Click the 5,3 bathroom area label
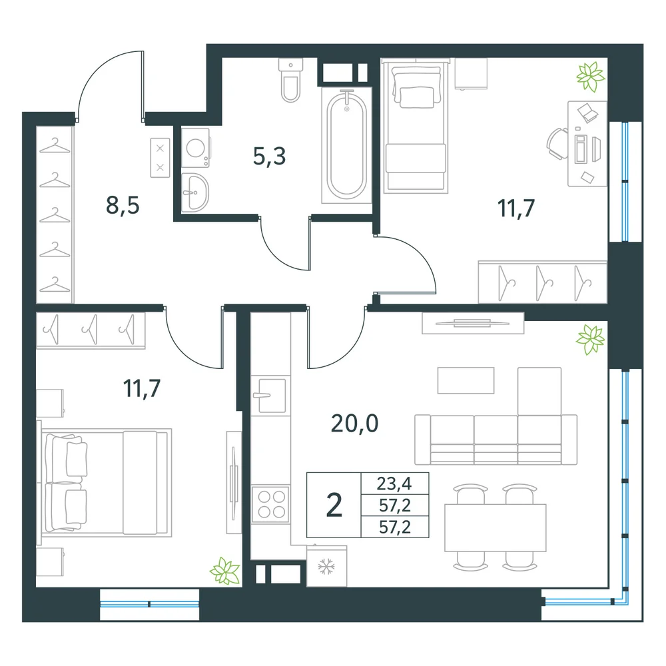click(x=269, y=157)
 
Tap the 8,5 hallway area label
click(x=123, y=205)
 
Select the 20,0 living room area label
click(x=355, y=424)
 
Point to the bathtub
click(x=346, y=146)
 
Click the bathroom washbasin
click(x=195, y=192)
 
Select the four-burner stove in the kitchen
click(x=271, y=504)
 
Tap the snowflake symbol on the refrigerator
click(x=326, y=567)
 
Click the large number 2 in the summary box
click(x=334, y=505)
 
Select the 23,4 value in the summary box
click(x=394, y=484)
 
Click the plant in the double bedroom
click(x=225, y=571)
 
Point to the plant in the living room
click(x=590, y=340)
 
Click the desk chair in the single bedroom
click(x=556, y=144)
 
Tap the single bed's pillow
click(x=416, y=97)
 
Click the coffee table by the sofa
click(x=466, y=380)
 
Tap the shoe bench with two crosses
click(x=160, y=158)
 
